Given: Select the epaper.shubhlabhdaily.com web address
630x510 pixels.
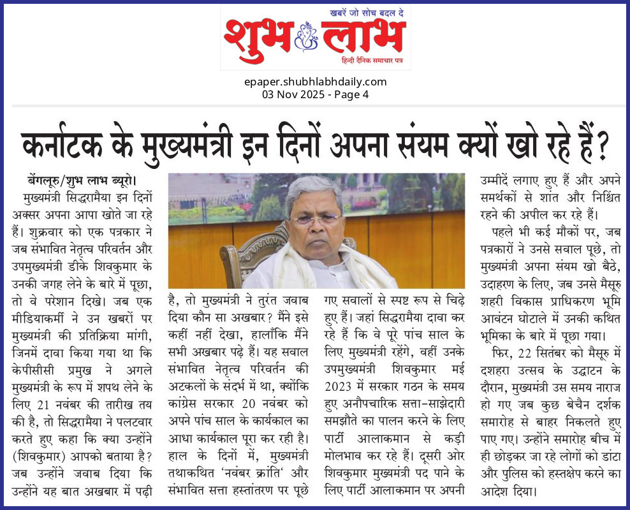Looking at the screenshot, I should (315, 82).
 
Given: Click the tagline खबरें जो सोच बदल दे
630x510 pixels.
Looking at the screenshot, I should (367, 12).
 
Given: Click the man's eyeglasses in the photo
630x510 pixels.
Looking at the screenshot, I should (316, 219).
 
